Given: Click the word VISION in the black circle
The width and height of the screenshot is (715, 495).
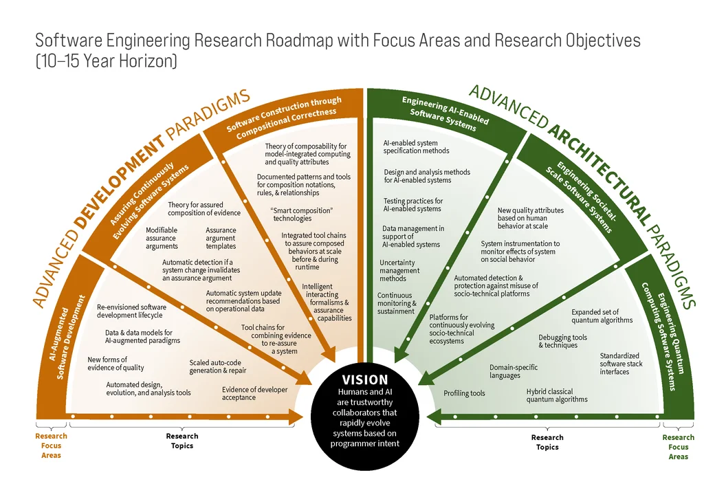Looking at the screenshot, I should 365,379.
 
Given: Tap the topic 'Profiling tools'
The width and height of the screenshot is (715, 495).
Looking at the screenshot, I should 464,393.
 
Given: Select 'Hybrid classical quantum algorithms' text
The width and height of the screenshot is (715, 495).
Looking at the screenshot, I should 557,395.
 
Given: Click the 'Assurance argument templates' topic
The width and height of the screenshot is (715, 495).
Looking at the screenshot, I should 221,238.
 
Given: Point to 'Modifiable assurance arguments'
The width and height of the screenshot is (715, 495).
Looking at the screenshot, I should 162,238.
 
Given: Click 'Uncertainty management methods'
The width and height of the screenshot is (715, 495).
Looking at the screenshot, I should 399,270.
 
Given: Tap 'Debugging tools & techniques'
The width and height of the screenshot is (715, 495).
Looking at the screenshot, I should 562,341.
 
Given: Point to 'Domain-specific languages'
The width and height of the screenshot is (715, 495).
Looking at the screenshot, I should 514,371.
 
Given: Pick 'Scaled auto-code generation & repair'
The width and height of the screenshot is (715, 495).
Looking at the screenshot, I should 217,366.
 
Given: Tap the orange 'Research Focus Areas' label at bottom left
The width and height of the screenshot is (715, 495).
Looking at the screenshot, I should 51,445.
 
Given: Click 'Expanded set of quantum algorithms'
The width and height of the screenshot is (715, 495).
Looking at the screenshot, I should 602,316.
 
